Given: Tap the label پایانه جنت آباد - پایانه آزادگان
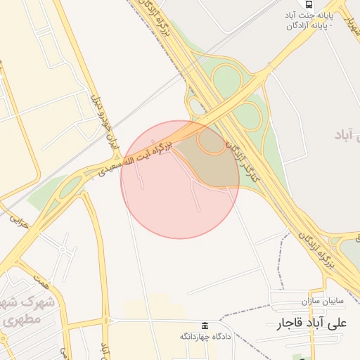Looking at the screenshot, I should click(309, 20).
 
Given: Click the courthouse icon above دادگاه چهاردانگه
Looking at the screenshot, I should click(205, 326).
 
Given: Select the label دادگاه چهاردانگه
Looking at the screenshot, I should click(205, 337).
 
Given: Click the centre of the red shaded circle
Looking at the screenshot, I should click(180, 179).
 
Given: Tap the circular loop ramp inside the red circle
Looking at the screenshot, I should click(210, 143).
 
